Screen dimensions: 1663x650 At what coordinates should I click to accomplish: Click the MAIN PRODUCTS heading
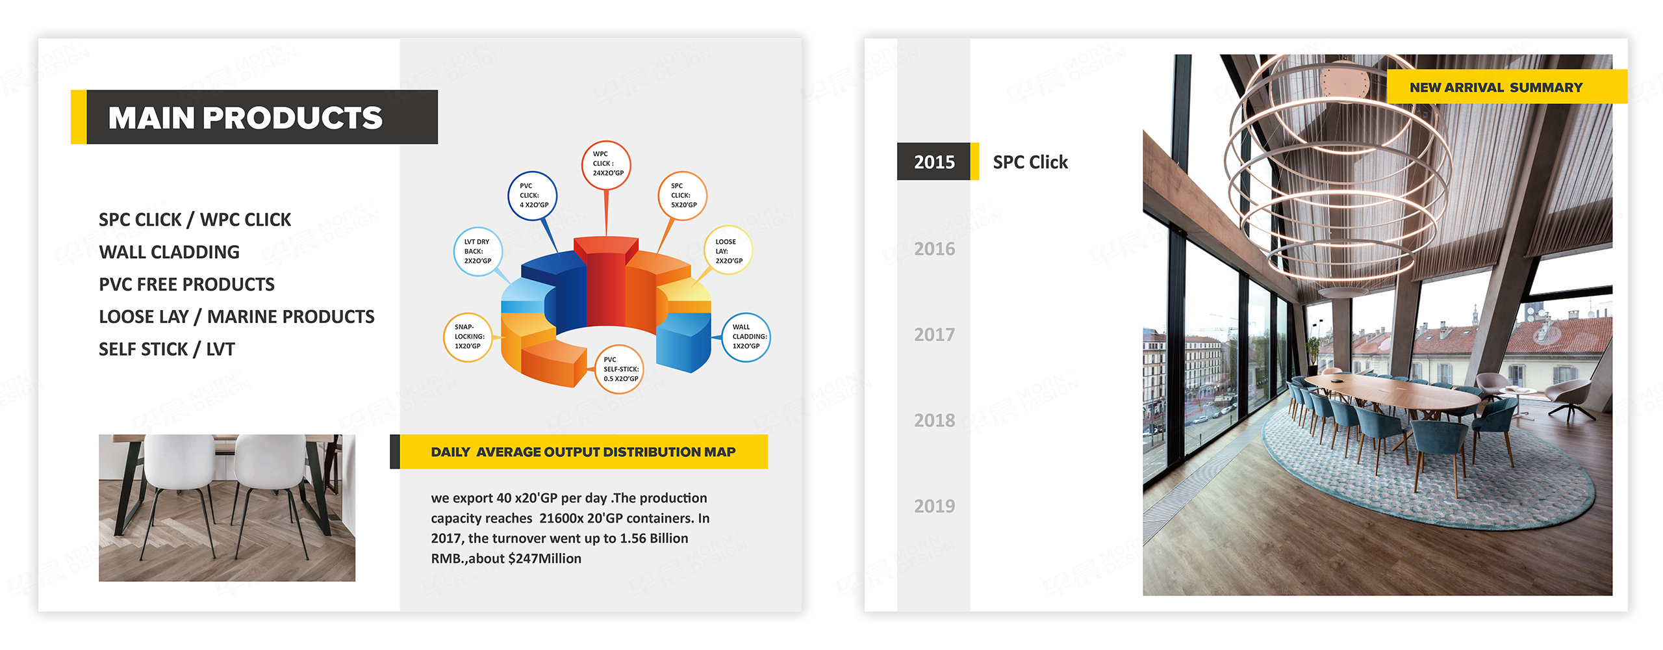coord(246,118)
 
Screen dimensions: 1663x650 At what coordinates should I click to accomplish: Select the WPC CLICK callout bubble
coord(606,165)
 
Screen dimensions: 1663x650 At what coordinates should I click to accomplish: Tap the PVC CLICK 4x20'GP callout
coord(533,196)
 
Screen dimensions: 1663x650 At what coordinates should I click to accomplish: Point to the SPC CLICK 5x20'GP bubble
coord(682,196)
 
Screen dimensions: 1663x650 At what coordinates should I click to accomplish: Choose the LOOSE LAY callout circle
coord(728,251)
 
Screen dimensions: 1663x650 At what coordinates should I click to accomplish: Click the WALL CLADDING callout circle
coord(746,337)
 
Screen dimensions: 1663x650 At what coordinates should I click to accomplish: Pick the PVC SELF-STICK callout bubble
coord(620,369)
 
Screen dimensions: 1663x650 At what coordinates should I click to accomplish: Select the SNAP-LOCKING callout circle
coord(468,337)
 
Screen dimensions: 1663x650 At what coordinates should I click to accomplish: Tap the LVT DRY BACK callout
coord(477,252)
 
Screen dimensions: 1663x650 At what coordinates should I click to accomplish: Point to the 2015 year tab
coord(934,162)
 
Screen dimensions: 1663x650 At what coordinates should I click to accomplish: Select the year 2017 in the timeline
coord(934,335)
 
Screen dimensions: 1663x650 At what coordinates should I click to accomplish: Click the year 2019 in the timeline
coord(934,506)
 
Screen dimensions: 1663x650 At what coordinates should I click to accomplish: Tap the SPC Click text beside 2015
coord(1030,162)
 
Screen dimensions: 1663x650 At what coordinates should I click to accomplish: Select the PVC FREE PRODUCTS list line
coord(186,284)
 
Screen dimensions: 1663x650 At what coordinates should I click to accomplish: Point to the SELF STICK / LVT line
coord(166,349)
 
